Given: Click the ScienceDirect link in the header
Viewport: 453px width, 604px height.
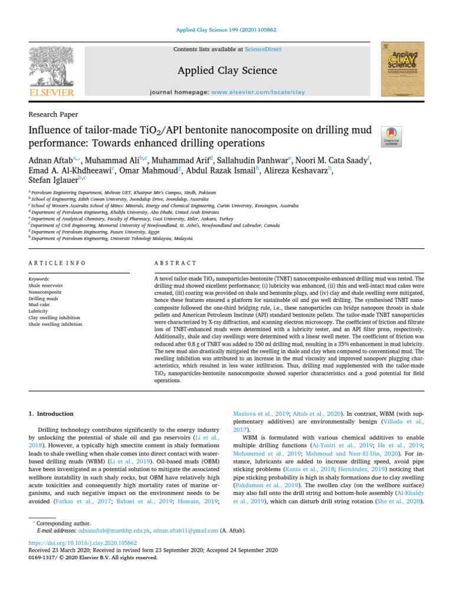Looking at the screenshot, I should (x=261, y=50).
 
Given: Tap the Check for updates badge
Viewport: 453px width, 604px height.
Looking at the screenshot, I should (x=392, y=137).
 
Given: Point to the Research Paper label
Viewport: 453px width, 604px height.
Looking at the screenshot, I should (x=53, y=114).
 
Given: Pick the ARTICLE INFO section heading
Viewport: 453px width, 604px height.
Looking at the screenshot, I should (x=57, y=263).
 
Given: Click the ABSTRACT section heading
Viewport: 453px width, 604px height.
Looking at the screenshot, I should (x=175, y=263).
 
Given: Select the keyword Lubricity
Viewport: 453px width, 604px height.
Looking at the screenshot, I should (x=39, y=311).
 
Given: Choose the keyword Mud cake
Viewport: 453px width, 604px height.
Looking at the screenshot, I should (x=40, y=304).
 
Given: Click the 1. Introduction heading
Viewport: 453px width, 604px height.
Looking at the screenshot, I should (x=51, y=414).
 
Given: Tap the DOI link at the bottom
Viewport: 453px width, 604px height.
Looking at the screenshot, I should (x=83, y=542).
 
